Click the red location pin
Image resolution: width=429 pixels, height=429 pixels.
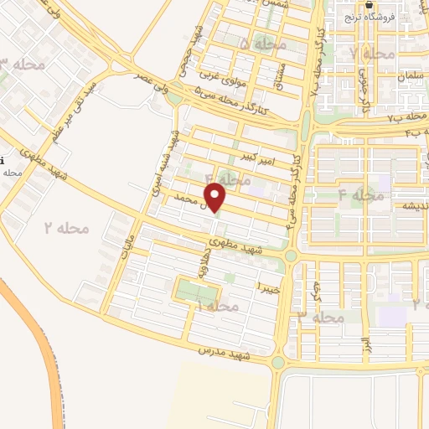click(x=216, y=198)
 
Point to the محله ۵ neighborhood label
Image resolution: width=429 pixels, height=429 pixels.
click(x=261, y=43)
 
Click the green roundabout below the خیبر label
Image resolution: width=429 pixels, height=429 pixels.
click(x=278, y=362)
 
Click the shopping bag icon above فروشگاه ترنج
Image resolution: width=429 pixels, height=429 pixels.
click(x=370, y=4)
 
